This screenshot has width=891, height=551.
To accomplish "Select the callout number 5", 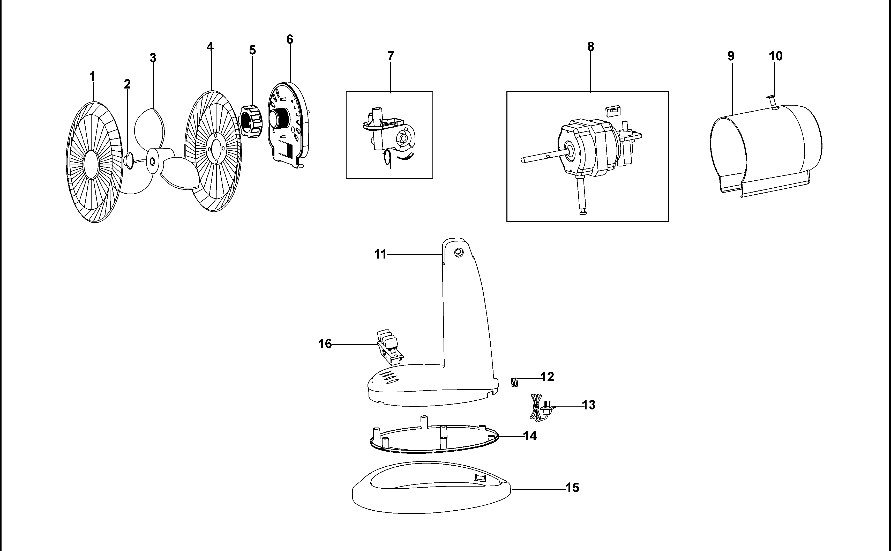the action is pyautogui.click(x=252, y=50).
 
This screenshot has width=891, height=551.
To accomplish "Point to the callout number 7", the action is pyautogui.click(x=391, y=56).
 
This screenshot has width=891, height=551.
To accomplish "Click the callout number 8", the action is pyautogui.click(x=591, y=47).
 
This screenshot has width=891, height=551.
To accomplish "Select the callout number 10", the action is pyautogui.click(x=776, y=56).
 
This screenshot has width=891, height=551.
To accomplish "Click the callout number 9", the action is pyautogui.click(x=731, y=56).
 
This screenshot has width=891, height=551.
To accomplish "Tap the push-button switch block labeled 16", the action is pyautogui.click(x=388, y=347).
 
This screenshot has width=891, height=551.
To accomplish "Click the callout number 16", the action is pyautogui.click(x=325, y=344).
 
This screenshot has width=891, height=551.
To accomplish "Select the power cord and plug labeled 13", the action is pyautogui.click(x=540, y=408).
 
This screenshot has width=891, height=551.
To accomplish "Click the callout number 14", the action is pyautogui.click(x=530, y=436).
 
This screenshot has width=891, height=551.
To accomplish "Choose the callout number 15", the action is pyautogui.click(x=572, y=488).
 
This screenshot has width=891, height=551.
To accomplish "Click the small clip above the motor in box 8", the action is pyautogui.click(x=612, y=111).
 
